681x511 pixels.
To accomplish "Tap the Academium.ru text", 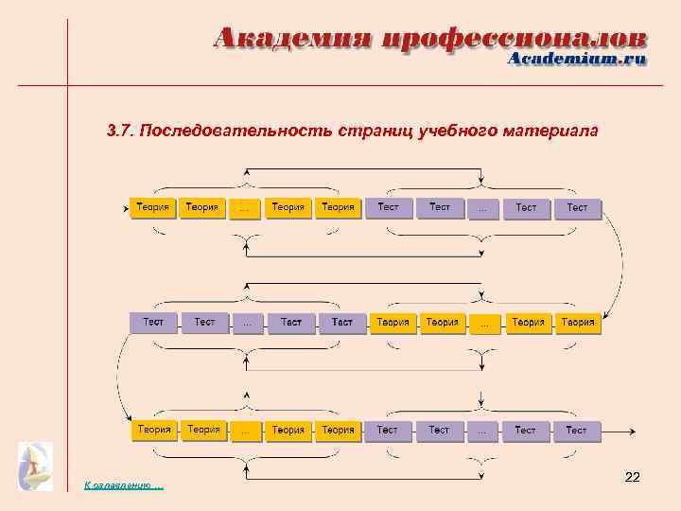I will point(577,59).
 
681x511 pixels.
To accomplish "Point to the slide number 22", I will point(633,478).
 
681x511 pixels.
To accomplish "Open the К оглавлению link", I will point(123,485).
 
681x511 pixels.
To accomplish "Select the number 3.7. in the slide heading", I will point(122,131).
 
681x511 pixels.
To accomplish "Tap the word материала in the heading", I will point(555,131).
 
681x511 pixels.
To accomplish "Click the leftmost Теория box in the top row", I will point(152,207).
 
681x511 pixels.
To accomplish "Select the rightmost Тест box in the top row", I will point(577,207).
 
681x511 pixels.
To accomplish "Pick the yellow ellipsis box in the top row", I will point(245,208).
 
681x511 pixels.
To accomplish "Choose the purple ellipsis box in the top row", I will point(483,208).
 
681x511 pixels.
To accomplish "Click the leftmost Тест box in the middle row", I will point(152,323).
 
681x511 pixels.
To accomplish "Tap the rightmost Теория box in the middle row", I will point(577,323).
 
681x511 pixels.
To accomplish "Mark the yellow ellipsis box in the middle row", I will point(484,324).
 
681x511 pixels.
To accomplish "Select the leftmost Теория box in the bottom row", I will point(153,430).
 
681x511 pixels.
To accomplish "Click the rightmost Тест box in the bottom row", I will point(576,431).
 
